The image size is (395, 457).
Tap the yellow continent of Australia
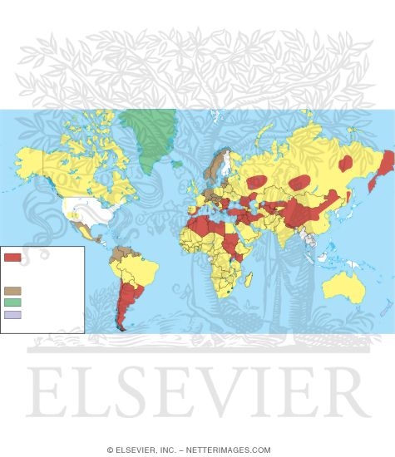click(x=343, y=287)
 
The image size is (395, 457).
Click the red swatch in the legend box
click(x=12, y=258)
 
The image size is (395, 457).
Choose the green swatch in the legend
click(x=12, y=302)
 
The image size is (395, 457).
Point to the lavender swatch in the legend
click(x=12, y=315)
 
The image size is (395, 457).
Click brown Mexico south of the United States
click(x=81, y=230)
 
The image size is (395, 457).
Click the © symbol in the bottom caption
click(x=110, y=450)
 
